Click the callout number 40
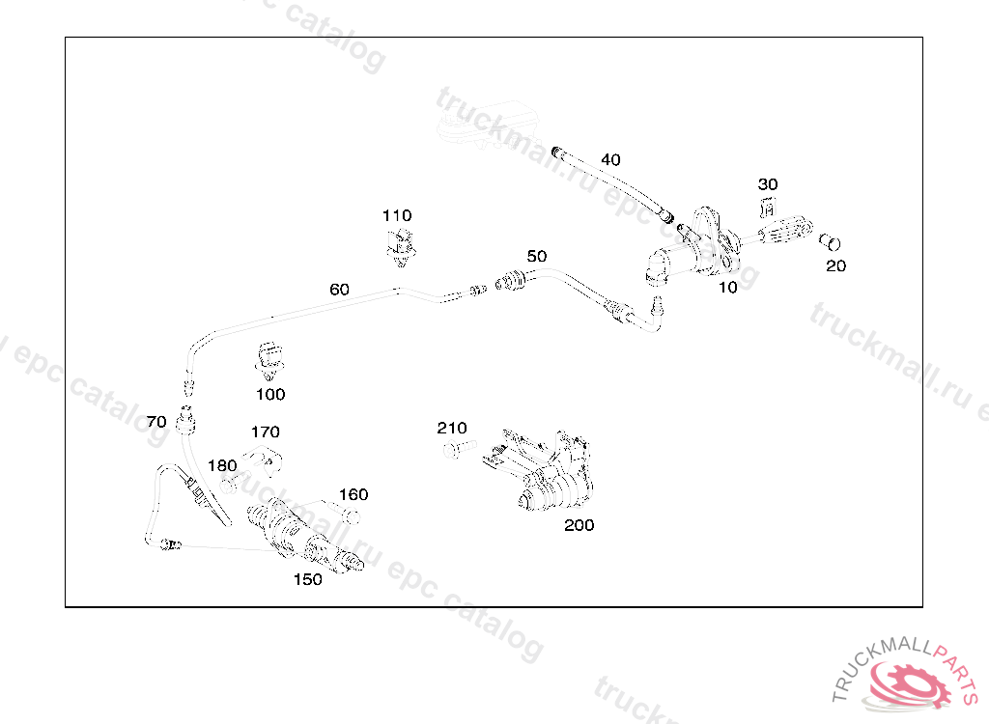[610, 159]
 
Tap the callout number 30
[768, 184]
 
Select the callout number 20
[835, 266]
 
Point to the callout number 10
[728, 287]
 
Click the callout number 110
[396, 215]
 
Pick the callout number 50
[537, 256]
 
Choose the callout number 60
[339, 289]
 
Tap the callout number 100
[270, 394]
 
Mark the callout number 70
[156, 422]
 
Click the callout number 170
[265, 432]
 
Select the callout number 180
[221, 465]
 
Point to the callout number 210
[451, 428]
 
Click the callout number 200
[579, 525]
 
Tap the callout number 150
[308, 579]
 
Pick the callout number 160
[353, 494]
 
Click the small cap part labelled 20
[830, 240]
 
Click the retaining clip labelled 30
[769, 207]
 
